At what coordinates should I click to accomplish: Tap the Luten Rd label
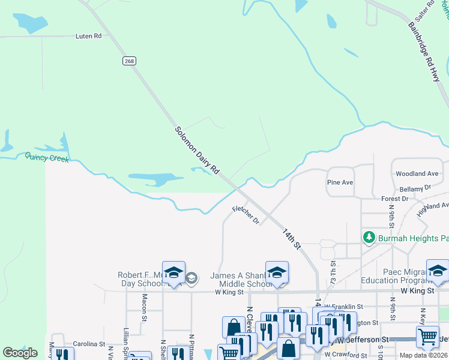88,36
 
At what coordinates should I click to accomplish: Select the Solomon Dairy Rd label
197,151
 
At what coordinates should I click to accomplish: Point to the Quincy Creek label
47,157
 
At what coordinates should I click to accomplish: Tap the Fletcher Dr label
246,214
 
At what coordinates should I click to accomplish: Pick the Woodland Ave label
417,173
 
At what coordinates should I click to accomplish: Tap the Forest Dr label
394,198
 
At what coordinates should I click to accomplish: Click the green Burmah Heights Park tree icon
369,238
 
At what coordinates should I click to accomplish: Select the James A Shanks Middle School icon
277,272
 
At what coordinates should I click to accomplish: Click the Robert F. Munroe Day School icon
173,272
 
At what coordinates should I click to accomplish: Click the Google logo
20,353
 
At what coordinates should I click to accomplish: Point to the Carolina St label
89,345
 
